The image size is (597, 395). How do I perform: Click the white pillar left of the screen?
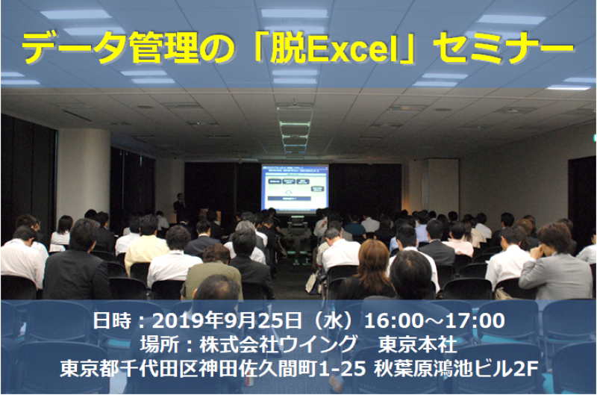83,172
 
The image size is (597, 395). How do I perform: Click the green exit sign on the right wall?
593,137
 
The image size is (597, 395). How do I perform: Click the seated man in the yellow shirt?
146,246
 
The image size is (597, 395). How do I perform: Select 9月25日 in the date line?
258,322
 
